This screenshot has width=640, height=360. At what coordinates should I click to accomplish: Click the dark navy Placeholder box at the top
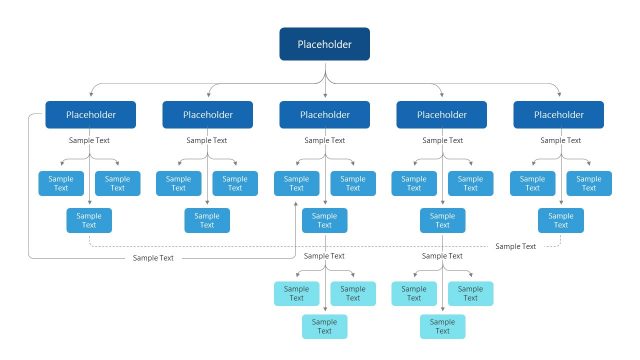coord(324,43)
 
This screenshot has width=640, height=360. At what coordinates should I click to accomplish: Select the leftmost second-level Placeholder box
coord(90,115)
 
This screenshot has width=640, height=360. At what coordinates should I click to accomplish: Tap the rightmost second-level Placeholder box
coord(559,115)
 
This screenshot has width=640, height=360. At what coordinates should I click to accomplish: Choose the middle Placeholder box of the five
coord(324,115)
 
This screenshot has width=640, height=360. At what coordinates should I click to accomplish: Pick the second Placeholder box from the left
coord(207,115)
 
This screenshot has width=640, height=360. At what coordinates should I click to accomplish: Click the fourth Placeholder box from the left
coord(441,115)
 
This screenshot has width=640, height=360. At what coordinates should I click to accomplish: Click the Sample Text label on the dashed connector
coord(515,246)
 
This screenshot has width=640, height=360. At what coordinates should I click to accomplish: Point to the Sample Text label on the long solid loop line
coord(153,258)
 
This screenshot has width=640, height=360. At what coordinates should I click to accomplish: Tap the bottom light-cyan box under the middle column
coord(324,326)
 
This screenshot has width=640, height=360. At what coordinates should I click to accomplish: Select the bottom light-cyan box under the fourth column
coord(441,326)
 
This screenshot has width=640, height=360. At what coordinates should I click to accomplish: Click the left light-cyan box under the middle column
coord(296,293)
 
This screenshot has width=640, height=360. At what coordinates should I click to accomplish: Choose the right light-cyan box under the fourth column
coord(469,293)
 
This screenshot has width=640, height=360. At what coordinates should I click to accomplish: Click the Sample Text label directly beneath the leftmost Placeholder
coord(90,140)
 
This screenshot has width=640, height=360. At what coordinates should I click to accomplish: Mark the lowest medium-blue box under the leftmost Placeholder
coord(90,220)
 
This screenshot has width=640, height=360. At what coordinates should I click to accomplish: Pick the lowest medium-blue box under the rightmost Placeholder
coord(559,220)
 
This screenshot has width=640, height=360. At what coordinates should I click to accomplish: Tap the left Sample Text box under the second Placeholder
coord(179,183)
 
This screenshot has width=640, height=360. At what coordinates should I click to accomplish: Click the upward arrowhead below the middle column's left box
coord(296,203)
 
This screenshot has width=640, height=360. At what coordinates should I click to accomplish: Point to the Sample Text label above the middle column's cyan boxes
coord(324,256)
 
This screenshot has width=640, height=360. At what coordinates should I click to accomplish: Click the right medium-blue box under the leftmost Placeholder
coord(118,183)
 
